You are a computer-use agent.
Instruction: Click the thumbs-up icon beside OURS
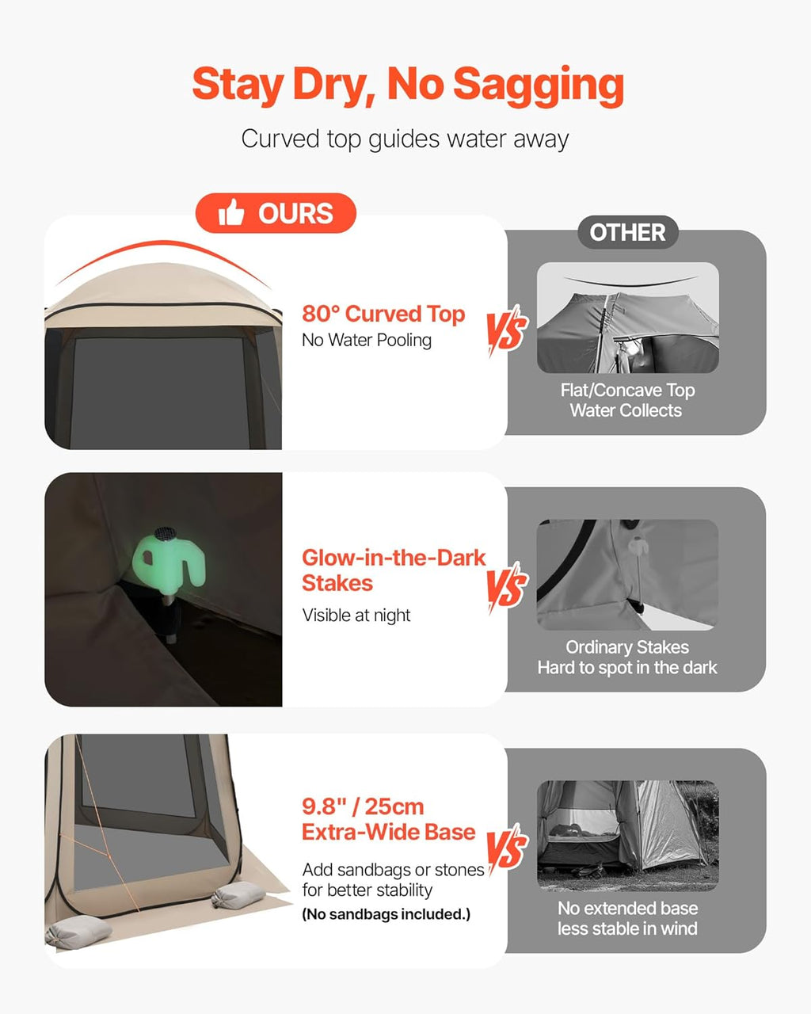pos(231,212)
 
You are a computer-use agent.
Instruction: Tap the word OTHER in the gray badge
pos(628,232)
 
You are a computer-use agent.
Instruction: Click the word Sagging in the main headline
pos(538,86)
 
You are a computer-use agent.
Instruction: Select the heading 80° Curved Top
pos(383,314)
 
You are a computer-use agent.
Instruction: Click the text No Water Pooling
pos(367,340)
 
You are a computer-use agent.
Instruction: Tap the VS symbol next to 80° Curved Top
pos(507,330)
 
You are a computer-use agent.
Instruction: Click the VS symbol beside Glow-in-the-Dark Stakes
pos(507,587)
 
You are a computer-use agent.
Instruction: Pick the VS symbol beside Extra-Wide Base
pos(507,849)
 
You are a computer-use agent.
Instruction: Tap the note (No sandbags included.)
pos(386,914)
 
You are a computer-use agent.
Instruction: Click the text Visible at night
pos(356,615)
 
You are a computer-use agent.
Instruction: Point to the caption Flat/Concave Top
pos(628,390)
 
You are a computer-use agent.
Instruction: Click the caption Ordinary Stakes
pos(627,647)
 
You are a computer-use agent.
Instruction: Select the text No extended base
pos(628,908)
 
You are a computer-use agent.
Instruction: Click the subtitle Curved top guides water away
pos(405,139)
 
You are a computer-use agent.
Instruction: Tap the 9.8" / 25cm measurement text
pos(363,806)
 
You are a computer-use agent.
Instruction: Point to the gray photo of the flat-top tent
pos(628,318)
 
